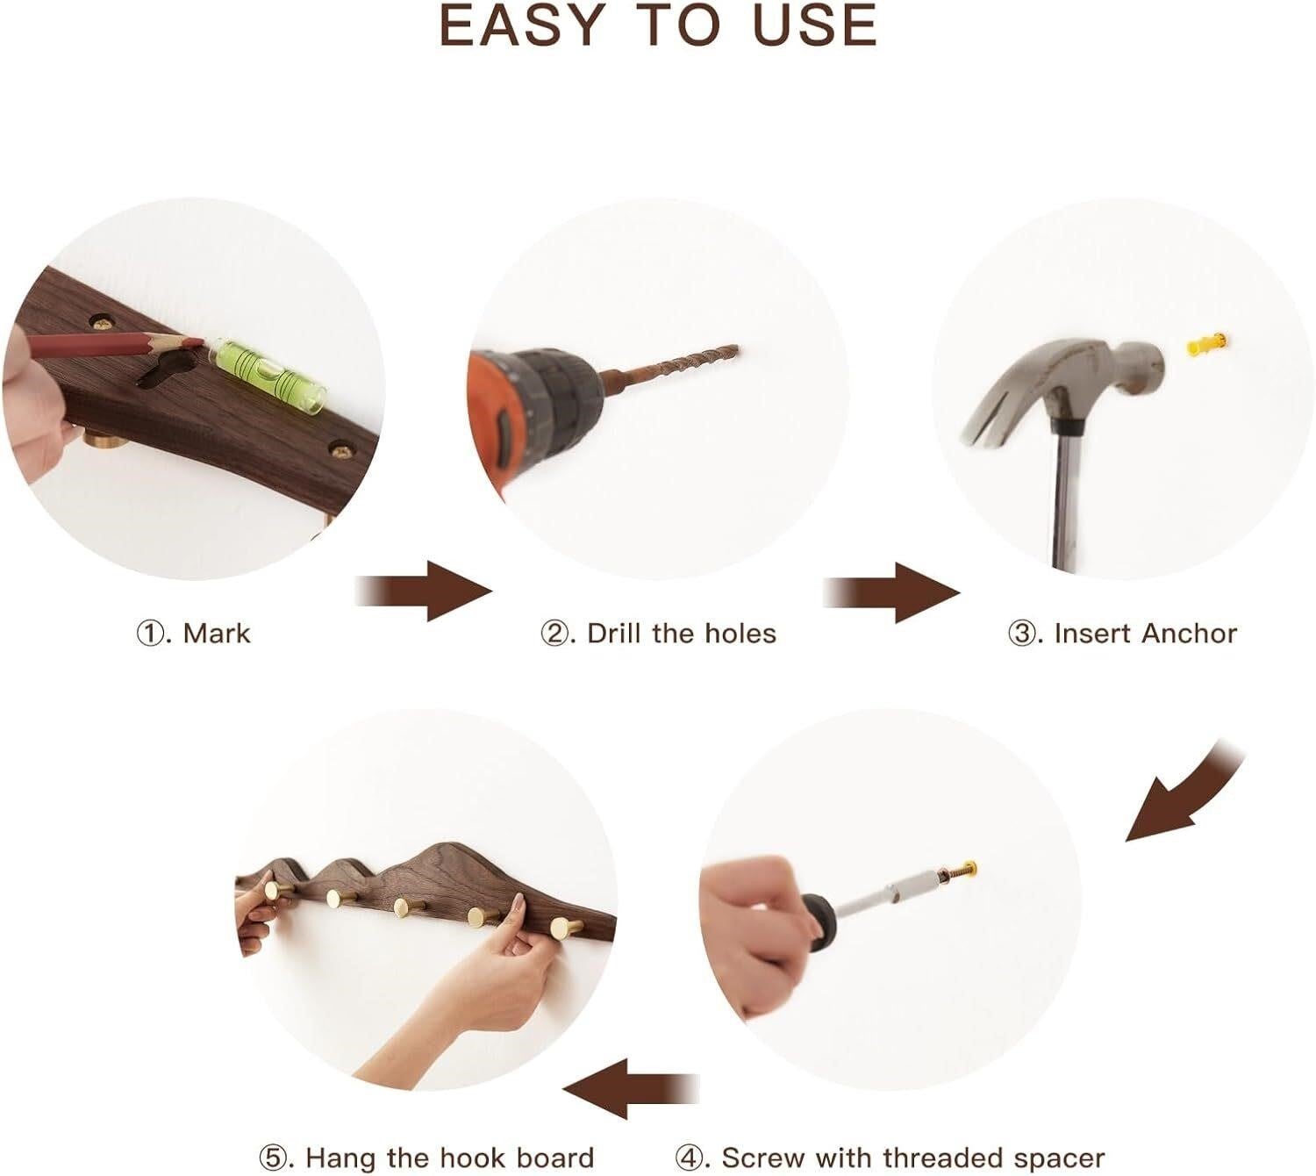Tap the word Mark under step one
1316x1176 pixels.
(217, 633)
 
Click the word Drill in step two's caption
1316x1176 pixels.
(614, 633)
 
